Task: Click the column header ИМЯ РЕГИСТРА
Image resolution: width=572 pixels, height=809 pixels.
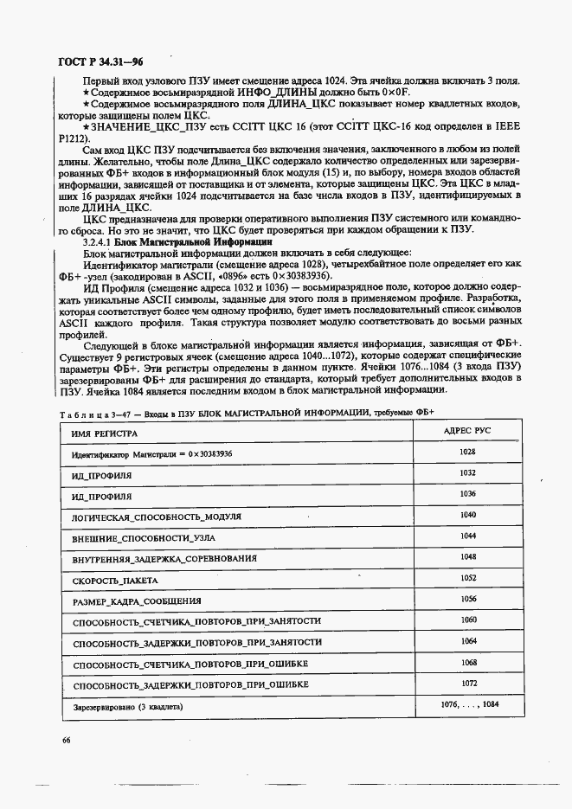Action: point(103,432)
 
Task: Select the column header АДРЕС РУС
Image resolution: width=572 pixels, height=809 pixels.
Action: point(468,430)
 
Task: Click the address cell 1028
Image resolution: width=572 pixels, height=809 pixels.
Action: point(468,452)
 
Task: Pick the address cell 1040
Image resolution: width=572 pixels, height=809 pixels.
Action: point(468,515)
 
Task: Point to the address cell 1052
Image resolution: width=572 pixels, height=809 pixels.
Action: point(468,577)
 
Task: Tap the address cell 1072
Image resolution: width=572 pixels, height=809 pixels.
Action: point(468,683)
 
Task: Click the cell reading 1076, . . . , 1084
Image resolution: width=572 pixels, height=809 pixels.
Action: point(468,704)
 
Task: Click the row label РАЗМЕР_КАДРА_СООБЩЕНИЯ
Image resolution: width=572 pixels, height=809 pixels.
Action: point(137,601)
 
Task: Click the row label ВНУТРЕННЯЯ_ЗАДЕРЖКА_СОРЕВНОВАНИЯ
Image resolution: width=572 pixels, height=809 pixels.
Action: point(164,559)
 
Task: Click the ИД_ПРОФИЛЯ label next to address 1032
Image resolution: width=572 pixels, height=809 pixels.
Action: point(102,476)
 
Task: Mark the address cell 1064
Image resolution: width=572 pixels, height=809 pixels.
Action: point(468,640)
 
